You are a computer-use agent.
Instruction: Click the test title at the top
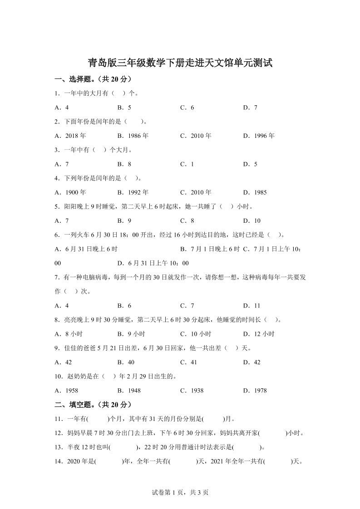click(x=180, y=63)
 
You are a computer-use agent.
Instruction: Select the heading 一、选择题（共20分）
click(x=93, y=79)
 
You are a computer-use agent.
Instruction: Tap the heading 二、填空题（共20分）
click(x=93, y=404)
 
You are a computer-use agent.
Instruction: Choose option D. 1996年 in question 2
click(x=259, y=136)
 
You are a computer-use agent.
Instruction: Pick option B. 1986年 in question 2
click(x=133, y=136)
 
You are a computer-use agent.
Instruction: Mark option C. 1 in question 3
click(x=187, y=164)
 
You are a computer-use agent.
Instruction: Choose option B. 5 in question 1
click(x=124, y=108)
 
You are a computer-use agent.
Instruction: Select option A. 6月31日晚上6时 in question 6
click(x=86, y=249)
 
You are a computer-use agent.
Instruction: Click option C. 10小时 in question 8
click(x=196, y=334)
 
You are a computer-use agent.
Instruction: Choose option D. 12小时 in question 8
click(x=259, y=334)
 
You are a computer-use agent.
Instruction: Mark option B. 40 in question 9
click(x=126, y=362)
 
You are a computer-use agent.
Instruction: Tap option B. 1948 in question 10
click(x=129, y=391)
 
